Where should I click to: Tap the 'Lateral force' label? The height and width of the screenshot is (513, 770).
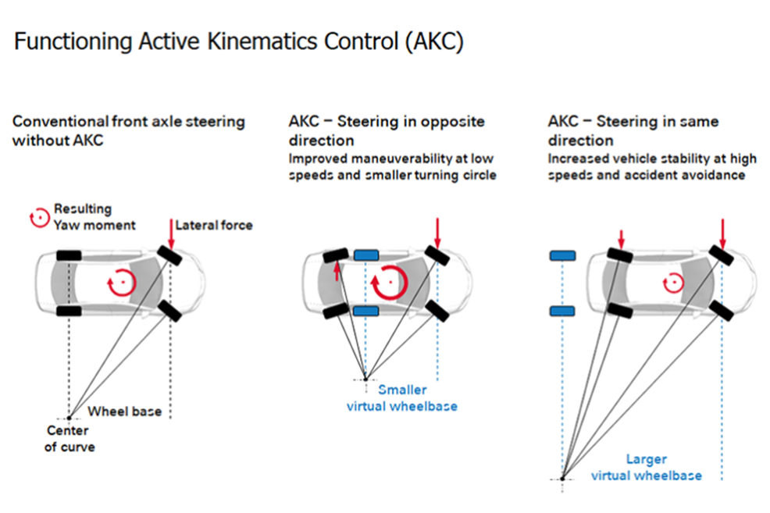(213, 225)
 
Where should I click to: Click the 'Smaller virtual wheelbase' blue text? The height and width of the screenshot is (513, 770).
(402, 397)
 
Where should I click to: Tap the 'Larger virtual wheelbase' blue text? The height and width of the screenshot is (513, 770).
(646, 467)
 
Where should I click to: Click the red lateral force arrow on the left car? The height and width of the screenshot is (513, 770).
(172, 232)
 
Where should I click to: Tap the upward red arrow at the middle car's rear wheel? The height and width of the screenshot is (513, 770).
(337, 270)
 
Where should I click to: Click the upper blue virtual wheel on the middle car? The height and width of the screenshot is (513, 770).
(365, 255)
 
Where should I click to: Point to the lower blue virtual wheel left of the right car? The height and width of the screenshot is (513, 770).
(562, 311)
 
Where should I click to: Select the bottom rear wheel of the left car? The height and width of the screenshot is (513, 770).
(69, 311)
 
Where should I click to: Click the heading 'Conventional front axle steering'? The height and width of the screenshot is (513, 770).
(128, 122)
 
